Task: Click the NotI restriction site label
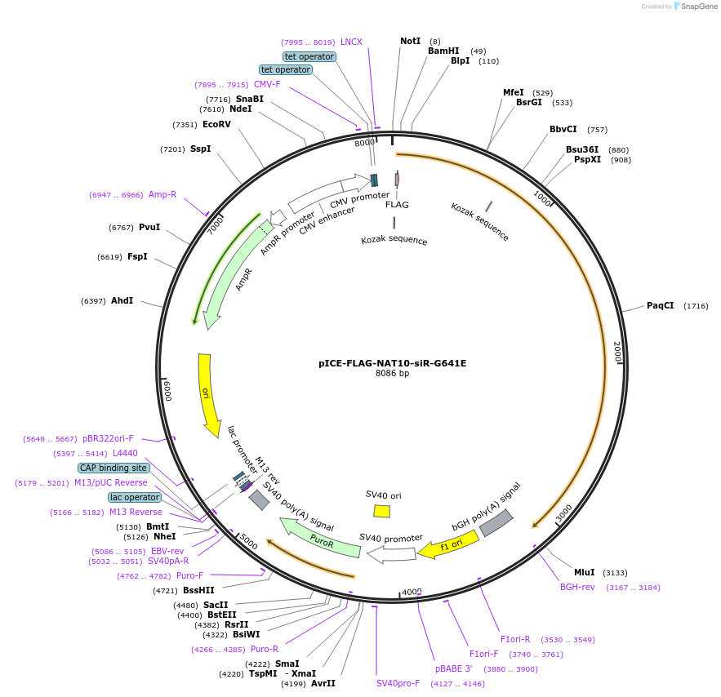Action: (x=410, y=41)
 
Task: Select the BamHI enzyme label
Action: (x=443, y=51)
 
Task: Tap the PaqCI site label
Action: (x=660, y=306)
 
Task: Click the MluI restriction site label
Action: (x=584, y=572)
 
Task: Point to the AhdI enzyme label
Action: (x=122, y=301)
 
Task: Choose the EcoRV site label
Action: (x=216, y=125)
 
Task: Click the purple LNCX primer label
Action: (x=351, y=42)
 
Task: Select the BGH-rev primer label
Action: (x=577, y=587)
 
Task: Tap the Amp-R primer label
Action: (x=162, y=194)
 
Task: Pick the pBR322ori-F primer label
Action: (x=108, y=438)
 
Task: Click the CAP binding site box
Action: (x=113, y=468)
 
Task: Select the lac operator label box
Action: (x=135, y=497)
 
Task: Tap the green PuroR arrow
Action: (x=320, y=539)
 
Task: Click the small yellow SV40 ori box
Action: (x=381, y=511)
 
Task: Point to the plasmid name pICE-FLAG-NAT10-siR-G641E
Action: (x=392, y=363)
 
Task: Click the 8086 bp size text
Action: (x=392, y=374)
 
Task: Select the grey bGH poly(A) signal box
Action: (x=496, y=522)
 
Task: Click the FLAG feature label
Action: (x=397, y=205)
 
